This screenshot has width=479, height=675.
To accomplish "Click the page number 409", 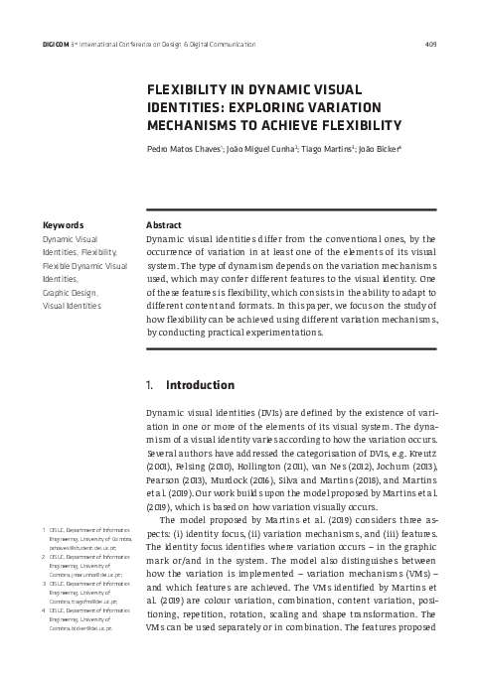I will [x=430, y=45].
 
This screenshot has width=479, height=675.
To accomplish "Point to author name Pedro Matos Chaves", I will [x=185, y=151].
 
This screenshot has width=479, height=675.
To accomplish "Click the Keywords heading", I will [x=62, y=225].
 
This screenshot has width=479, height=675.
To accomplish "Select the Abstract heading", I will [x=163, y=225].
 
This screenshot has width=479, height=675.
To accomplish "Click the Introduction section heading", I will [x=200, y=385].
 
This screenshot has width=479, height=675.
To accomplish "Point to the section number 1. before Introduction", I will [x=150, y=385].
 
